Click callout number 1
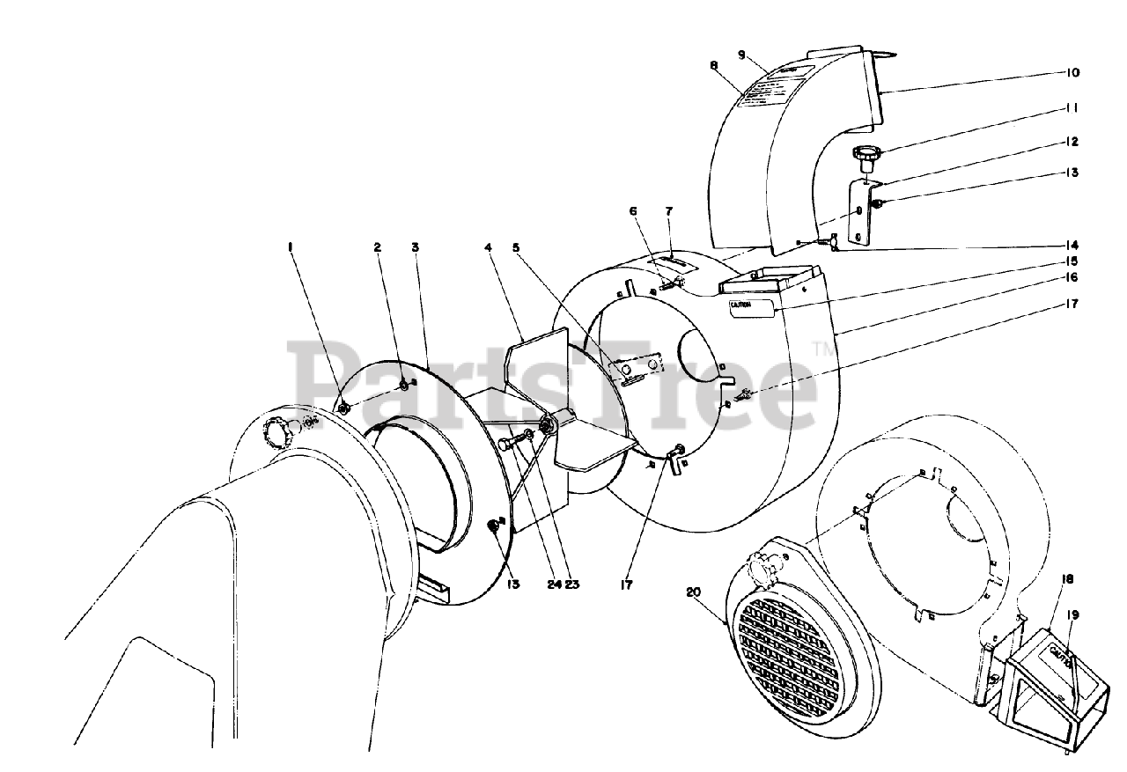coord(290,248)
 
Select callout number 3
coord(415,248)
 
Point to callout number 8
coord(713,64)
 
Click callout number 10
coord(1072,72)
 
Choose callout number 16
coord(1072,277)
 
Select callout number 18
coord(1067,579)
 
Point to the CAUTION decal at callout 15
coord(750,307)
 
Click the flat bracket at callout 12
coord(859,211)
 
